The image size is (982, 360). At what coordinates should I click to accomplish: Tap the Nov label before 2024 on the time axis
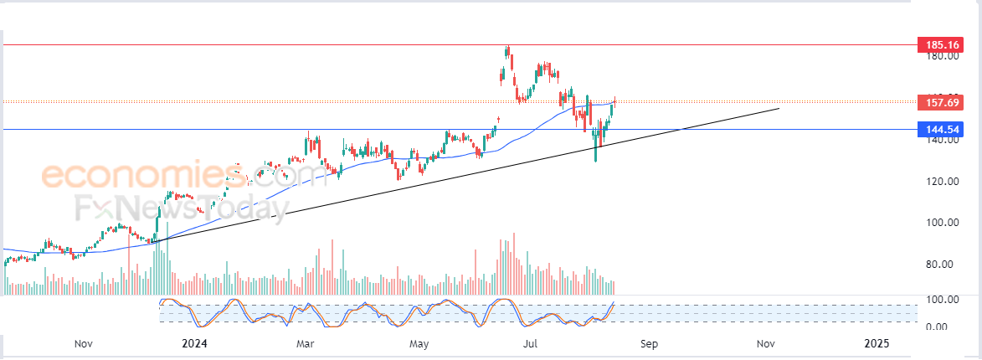pos(83,343)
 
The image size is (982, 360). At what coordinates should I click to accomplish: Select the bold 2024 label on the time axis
pos(193,343)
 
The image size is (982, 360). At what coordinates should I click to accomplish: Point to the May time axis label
pos(419,343)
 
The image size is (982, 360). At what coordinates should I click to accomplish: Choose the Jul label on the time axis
pos(530,343)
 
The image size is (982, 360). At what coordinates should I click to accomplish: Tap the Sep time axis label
pos(650,343)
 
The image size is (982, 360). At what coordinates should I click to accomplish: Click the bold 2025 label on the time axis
pos(877,343)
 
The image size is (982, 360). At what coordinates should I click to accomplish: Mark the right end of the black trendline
pos(779,108)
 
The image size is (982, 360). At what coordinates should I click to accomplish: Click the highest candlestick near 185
pos(507,52)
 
